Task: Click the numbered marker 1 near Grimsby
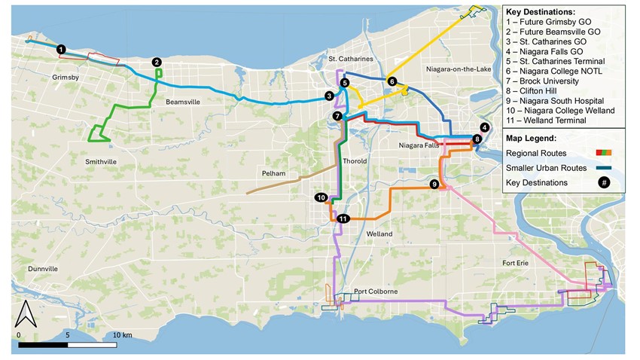62,48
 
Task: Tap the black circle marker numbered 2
157,63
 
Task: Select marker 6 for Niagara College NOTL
392,81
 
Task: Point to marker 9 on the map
434,184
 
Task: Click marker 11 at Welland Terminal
343,218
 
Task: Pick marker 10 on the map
322,197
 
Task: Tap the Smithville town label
100,161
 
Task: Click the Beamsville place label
182,102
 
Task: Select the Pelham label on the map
274,172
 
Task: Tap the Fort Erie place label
520,262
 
